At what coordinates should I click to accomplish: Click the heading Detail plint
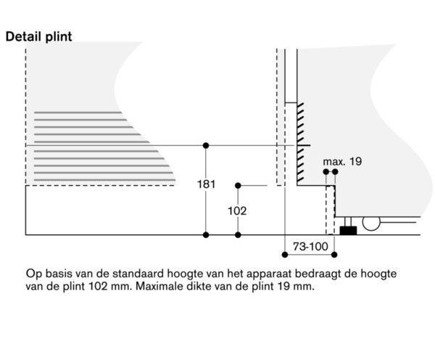[x=38, y=36]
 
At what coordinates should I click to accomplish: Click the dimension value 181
[x=207, y=184]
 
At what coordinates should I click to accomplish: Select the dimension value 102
[x=238, y=211]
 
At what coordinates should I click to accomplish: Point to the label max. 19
[x=341, y=161]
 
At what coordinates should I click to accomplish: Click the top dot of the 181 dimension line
[x=207, y=145]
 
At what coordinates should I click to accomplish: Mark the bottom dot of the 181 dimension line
[x=207, y=234]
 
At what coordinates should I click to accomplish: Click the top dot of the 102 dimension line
[x=238, y=186]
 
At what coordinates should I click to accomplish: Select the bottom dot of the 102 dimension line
[x=238, y=234]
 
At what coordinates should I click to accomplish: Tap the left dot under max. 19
[x=326, y=172]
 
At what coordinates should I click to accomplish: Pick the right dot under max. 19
[x=335, y=172]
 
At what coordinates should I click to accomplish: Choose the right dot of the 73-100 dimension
[x=336, y=254]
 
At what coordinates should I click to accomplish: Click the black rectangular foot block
[x=347, y=230]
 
